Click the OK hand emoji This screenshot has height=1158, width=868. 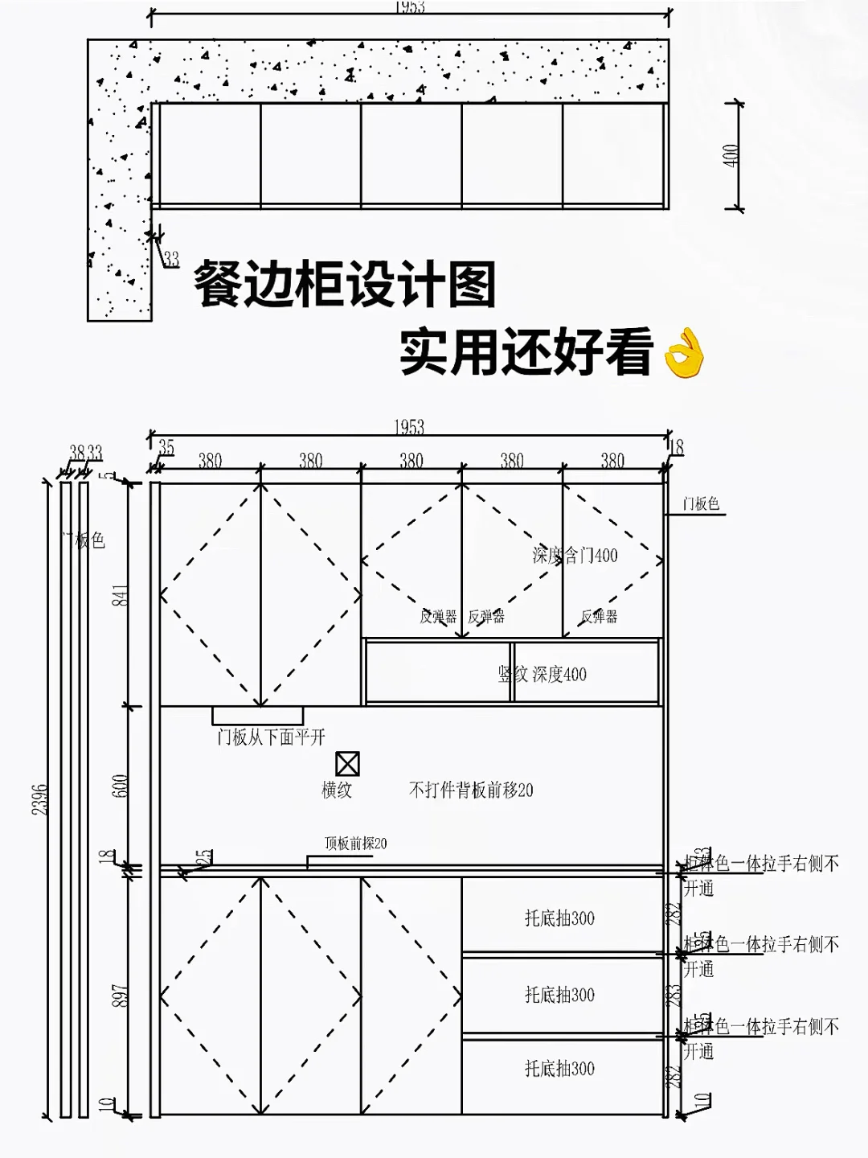685,352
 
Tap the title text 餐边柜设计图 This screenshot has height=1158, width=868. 345,284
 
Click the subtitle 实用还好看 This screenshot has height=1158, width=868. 526,351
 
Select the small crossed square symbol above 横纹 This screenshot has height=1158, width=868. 347,763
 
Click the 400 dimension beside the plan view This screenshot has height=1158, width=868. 731,155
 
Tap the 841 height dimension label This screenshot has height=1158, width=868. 120,595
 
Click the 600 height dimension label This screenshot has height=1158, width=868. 120,786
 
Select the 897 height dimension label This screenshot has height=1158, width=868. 120,996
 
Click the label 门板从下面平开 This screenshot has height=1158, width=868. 271,737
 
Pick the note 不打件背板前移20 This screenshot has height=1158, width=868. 471,790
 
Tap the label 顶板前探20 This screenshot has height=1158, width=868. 355,843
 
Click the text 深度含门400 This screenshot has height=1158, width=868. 575,555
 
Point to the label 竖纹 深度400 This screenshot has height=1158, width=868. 542,674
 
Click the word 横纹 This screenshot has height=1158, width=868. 337,790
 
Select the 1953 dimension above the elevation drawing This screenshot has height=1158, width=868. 409,427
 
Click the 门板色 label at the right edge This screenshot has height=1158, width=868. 701,503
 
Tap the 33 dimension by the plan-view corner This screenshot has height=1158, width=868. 171,259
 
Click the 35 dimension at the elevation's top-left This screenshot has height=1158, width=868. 166,447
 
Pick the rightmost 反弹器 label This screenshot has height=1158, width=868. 599,617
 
